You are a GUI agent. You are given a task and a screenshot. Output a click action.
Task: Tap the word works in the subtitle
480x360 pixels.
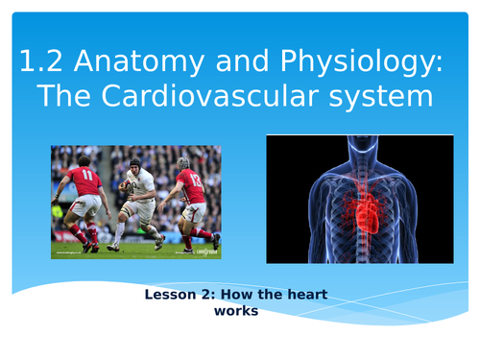pos(239,311)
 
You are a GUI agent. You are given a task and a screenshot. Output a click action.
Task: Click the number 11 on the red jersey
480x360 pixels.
pos(86,177)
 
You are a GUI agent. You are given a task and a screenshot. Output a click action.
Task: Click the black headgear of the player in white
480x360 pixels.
pos(134,163)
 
